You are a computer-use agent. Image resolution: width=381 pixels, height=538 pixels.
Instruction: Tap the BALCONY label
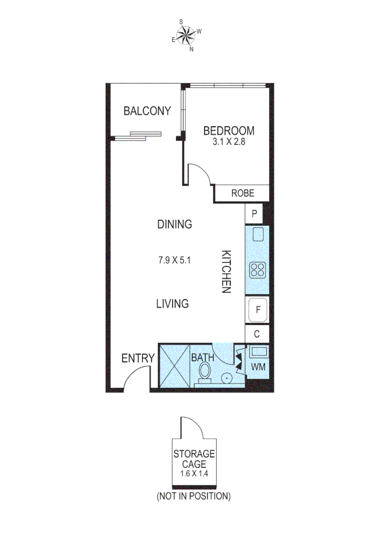[x=147, y=111]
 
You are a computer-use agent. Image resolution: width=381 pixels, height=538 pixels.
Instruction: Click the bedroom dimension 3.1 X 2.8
[x=228, y=141]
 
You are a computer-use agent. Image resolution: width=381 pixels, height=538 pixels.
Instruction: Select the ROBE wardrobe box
[x=242, y=193]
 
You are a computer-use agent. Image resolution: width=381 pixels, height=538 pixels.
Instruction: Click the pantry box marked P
[x=254, y=214]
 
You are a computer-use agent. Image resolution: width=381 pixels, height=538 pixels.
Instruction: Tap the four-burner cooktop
[x=258, y=270]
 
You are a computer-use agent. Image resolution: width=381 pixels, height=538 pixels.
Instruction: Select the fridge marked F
[x=258, y=310]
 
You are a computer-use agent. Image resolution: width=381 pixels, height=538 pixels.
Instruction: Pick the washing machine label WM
[x=258, y=367]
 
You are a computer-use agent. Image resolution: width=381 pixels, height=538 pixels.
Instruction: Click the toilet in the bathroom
[x=205, y=372]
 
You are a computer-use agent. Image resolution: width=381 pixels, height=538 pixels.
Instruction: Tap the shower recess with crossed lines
[x=174, y=365]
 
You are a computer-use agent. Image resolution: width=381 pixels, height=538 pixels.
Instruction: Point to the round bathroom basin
[x=227, y=378]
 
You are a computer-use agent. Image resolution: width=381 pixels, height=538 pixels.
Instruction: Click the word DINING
[x=175, y=224]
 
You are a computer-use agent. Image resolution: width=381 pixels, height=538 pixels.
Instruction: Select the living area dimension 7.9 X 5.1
[x=175, y=260]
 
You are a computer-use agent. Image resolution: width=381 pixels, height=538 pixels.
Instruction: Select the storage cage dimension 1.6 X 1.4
[x=193, y=472]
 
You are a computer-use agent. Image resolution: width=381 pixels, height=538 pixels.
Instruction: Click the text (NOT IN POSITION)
[x=193, y=496]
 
